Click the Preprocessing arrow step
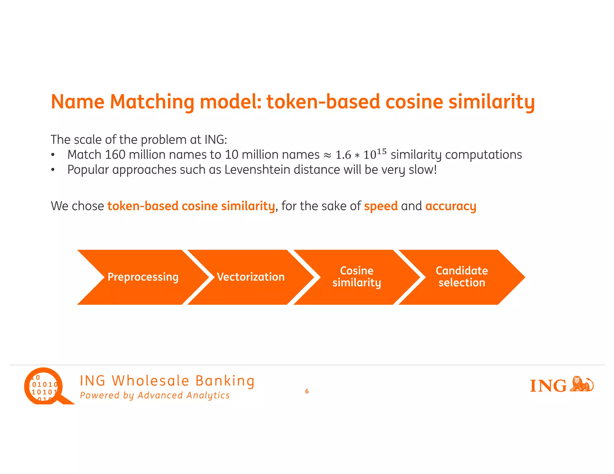pyautogui.click(x=143, y=277)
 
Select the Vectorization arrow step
pyautogui.click(x=251, y=277)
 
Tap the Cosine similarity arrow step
pyautogui.click(x=356, y=277)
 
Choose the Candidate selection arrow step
pyautogui.click(x=462, y=277)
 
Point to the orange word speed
pyautogui.click(x=381, y=206)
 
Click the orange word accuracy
pyautogui.click(x=451, y=206)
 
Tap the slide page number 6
pyautogui.click(x=307, y=391)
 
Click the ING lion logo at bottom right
pyautogui.click(x=562, y=385)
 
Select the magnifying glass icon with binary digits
pyautogui.click(x=45, y=387)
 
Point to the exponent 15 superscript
pyautogui.click(x=382, y=152)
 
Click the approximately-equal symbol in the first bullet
pyautogui.click(x=327, y=155)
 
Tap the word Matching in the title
pyautogui.click(x=152, y=102)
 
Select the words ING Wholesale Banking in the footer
pyautogui.click(x=167, y=381)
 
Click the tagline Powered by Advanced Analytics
pyautogui.click(x=155, y=395)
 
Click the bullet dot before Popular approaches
pyautogui.click(x=53, y=170)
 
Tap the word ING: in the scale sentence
pyautogui.click(x=216, y=140)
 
